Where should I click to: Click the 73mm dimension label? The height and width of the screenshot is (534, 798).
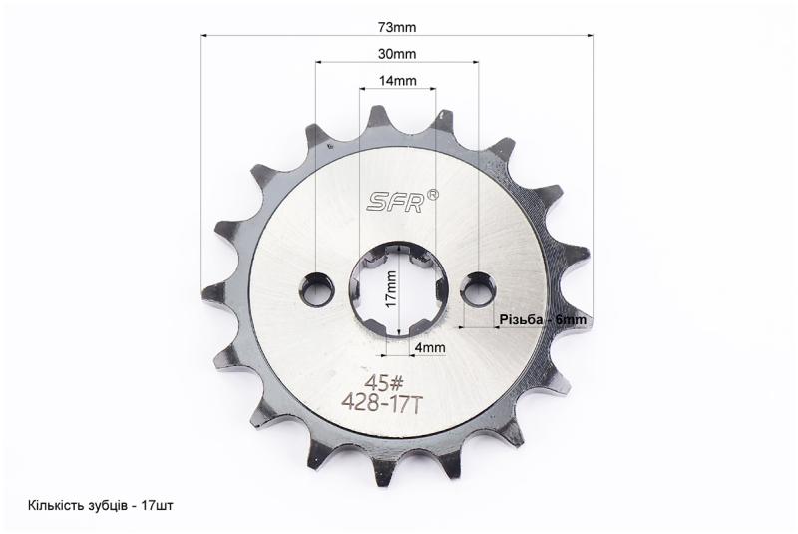tap(397, 27)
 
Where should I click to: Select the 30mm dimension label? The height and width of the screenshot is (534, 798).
tap(397, 54)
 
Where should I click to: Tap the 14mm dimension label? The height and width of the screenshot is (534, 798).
tap(397, 81)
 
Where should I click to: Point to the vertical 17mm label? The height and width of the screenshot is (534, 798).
tap(391, 288)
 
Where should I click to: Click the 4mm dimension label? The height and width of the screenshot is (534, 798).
tap(430, 347)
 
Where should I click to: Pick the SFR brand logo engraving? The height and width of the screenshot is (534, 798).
tap(396, 202)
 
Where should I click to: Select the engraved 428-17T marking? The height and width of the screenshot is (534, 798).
tap(382, 403)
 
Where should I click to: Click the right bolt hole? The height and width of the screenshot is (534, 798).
tap(478, 289)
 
